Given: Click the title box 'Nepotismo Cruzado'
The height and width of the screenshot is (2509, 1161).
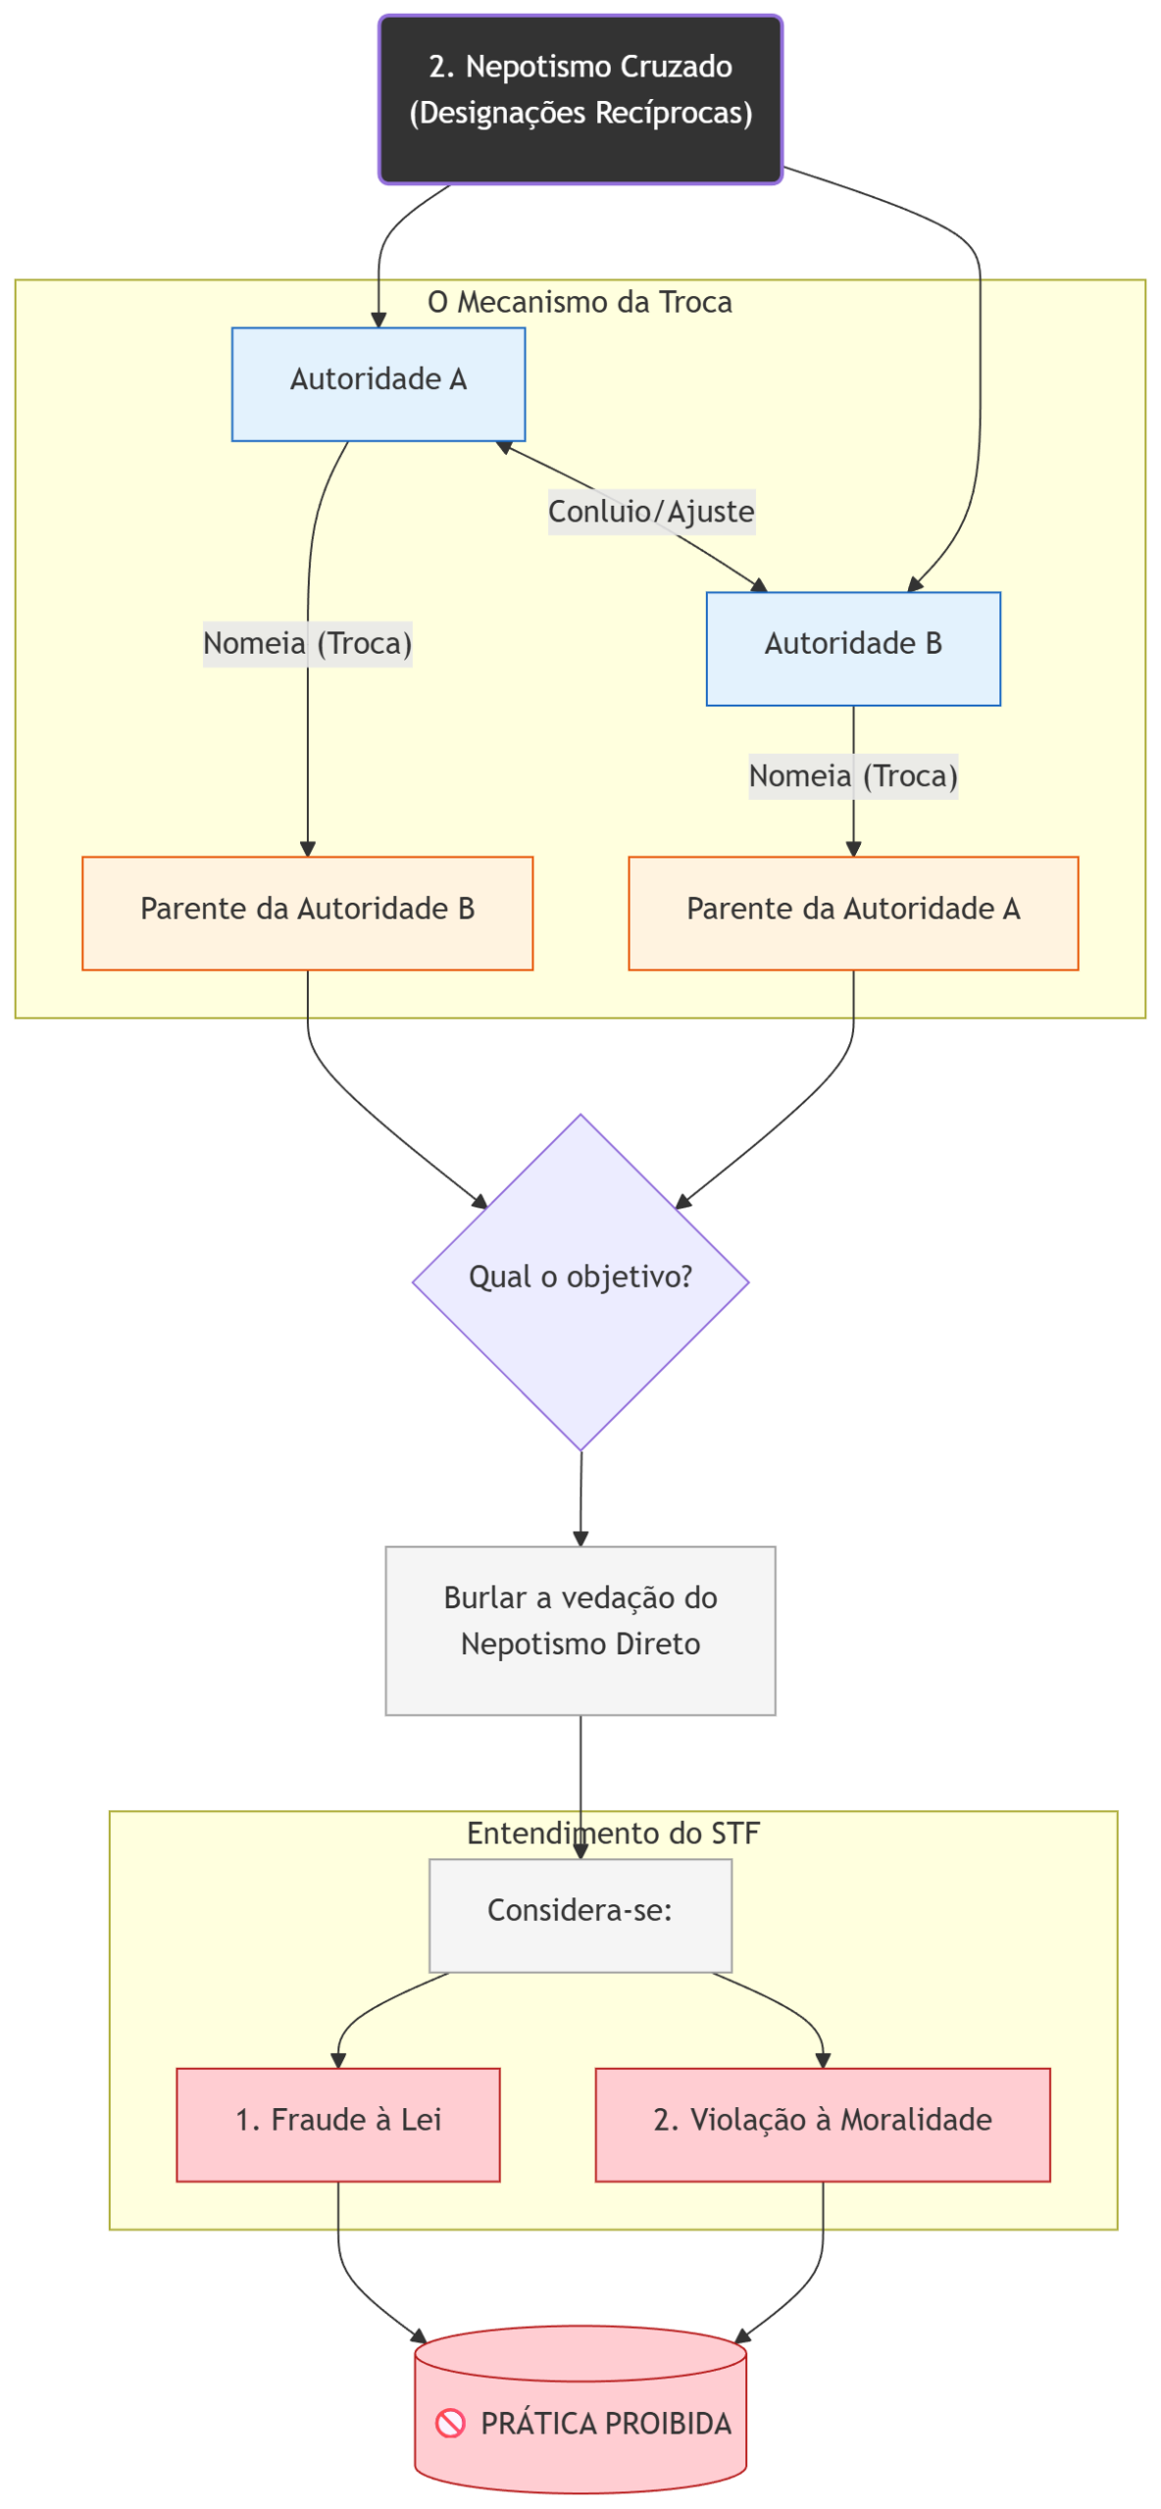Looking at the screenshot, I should click(x=580, y=99).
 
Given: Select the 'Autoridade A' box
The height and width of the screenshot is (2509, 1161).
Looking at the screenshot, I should click(x=379, y=384).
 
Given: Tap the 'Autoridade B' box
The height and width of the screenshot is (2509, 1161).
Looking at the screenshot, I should click(x=853, y=648).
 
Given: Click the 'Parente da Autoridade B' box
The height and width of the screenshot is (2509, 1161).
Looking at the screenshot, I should click(x=307, y=912).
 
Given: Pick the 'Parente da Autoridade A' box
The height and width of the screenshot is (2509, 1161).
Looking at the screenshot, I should click(x=853, y=912).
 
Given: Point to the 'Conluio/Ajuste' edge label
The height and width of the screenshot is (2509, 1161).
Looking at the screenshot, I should click(x=651, y=512).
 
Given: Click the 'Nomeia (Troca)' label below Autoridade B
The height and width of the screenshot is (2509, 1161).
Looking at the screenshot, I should click(x=853, y=776).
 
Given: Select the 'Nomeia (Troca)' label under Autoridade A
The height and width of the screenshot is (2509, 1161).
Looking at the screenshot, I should click(x=307, y=644).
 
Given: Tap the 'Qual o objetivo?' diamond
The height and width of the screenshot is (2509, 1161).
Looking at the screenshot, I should click(x=580, y=1280).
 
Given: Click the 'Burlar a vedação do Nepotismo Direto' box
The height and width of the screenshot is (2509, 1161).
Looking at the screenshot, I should click(x=580, y=1630).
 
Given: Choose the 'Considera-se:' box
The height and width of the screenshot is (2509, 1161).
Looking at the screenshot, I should click(x=580, y=1915).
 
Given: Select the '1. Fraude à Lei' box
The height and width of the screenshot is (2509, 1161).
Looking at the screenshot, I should click(x=338, y=2125).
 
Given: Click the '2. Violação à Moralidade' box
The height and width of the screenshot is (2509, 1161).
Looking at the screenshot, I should click(x=823, y=2125).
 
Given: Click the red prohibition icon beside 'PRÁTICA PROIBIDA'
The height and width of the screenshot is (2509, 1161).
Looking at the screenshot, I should click(x=450, y=2424).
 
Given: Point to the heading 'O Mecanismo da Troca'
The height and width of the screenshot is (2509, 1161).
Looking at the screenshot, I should click(x=580, y=302).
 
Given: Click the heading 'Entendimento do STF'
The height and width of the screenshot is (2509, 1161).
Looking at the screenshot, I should click(x=613, y=1833).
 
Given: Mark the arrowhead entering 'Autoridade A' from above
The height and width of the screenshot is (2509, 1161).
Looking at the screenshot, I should click(x=379, y=320).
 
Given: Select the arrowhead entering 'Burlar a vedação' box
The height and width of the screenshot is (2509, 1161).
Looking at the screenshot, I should click(x=580, y=1538).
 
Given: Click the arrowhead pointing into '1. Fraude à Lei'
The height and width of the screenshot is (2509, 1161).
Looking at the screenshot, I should click(x=338, y=2060).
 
